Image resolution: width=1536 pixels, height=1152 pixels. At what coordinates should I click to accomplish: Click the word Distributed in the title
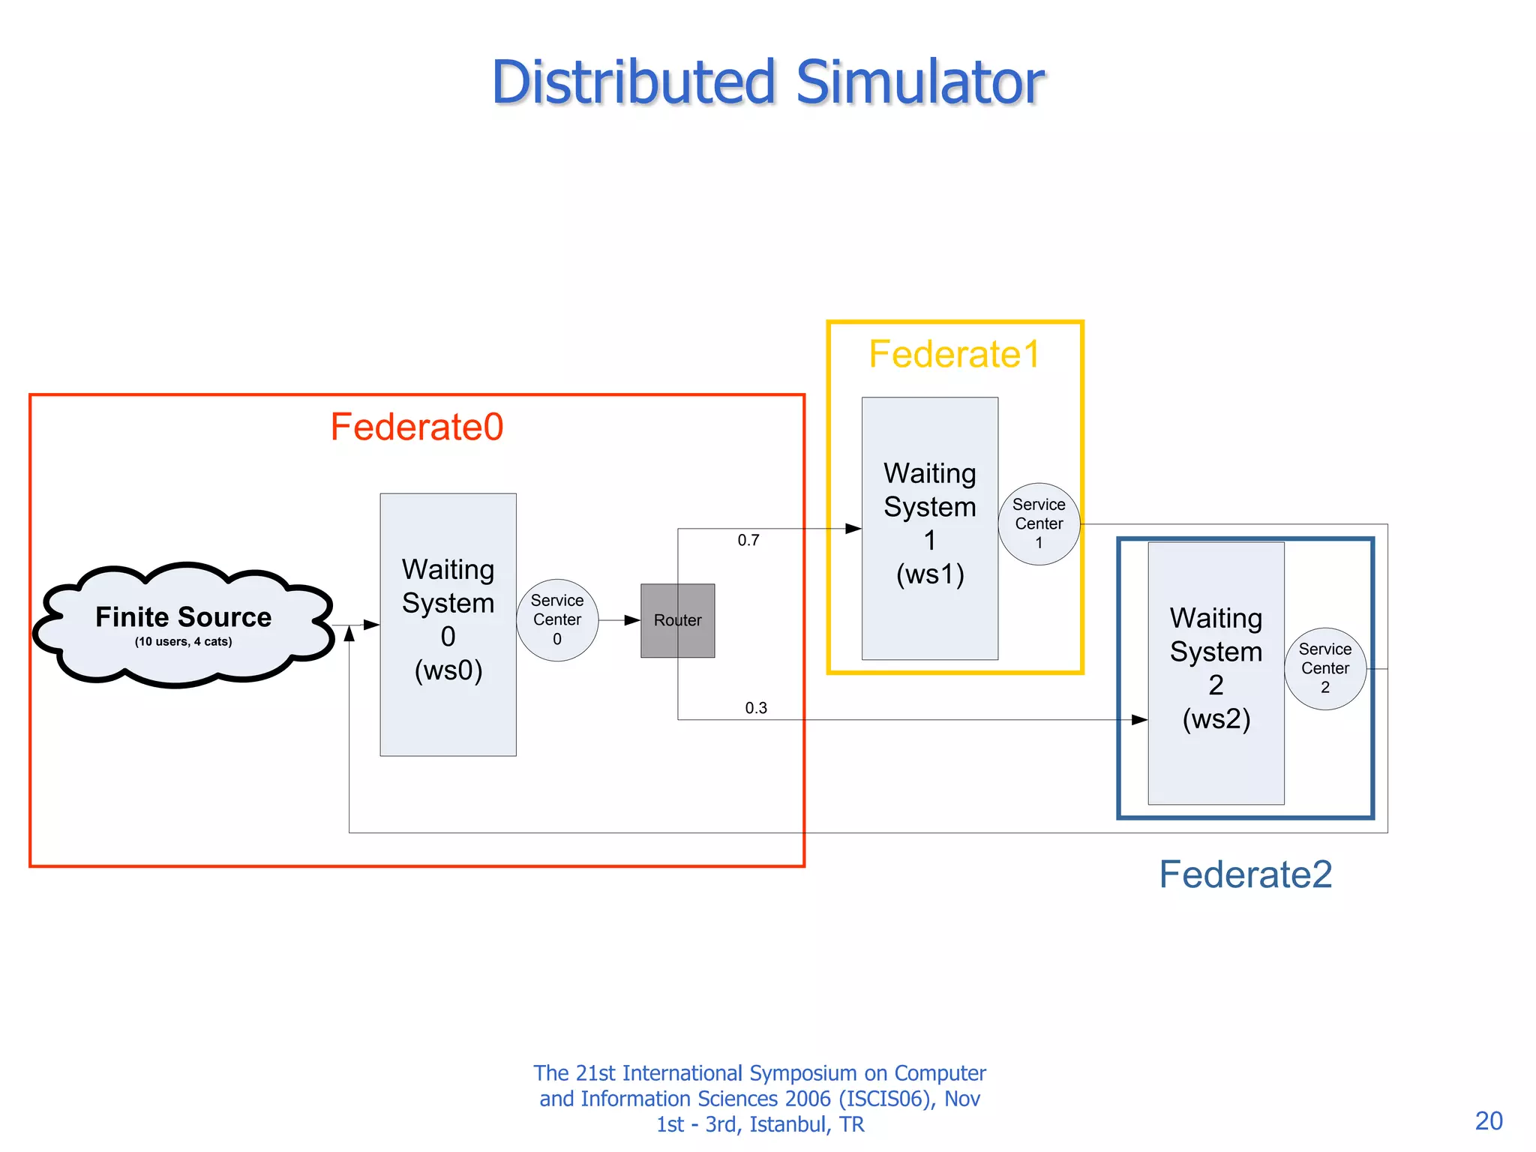pos(633,82)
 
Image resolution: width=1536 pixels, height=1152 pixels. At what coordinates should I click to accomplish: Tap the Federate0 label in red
pos(417,427)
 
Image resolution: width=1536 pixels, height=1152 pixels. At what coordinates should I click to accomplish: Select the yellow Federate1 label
pos(954,354)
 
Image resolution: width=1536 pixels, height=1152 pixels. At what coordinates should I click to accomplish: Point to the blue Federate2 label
pos(1245,874)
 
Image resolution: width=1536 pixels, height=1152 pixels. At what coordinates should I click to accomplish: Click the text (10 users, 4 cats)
pos(184,642)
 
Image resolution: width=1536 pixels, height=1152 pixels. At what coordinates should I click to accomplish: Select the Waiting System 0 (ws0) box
pos(448,624)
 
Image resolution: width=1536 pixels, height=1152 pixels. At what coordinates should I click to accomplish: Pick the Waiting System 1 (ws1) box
pos(929,528)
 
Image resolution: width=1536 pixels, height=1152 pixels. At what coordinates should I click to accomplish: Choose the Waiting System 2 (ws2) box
pos(1216,673)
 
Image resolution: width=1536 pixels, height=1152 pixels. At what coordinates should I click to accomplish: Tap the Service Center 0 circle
pos(557,620)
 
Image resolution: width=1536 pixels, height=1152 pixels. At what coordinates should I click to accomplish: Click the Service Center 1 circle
pos(1039,523)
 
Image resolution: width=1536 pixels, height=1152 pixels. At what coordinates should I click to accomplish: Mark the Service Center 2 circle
pos(1325,668)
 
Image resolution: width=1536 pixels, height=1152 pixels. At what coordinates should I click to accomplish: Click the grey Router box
pos(677,621)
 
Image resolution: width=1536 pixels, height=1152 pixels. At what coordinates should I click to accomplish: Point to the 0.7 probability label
pos(748,541)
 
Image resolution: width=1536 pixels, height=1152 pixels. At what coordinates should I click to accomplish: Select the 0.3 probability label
pos(756,708)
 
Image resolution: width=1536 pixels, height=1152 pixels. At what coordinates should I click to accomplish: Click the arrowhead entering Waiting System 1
pos(853,529)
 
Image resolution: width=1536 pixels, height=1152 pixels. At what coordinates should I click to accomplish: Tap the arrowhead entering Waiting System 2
pos(1139,720)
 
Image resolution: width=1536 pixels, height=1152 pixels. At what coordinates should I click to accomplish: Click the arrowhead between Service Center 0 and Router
pos(632,620)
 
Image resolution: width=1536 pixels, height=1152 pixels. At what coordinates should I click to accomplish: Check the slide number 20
pos(1489,1120)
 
